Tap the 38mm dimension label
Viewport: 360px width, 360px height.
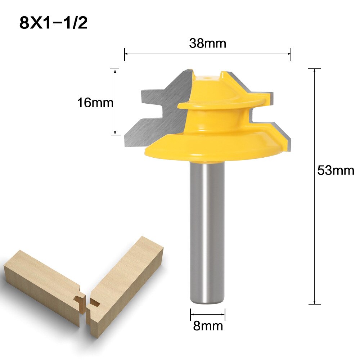click(207, 44)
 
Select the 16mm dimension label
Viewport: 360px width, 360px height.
click(95, 103)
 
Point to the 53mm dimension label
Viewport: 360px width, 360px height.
click(335, 170)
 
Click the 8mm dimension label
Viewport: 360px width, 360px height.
click(208, 326)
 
